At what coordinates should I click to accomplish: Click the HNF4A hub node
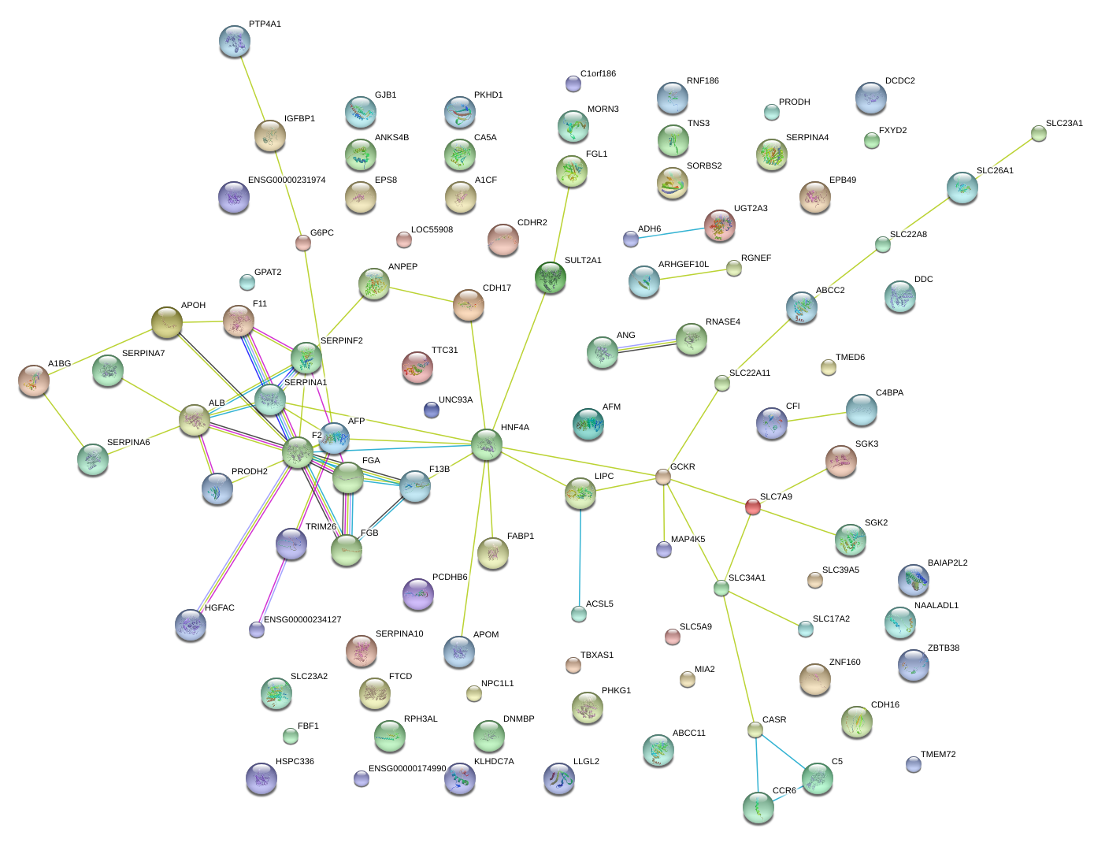(486, 444)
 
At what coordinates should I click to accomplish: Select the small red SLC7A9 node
(752, 507)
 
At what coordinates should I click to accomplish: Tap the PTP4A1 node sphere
(235, 41)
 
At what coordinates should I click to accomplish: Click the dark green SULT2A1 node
(551, 277)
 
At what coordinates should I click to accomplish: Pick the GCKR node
(662, 477)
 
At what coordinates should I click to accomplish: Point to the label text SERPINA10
(399, 633)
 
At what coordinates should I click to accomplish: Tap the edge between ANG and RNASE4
(647, 345)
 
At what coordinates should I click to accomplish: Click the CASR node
(755, 730)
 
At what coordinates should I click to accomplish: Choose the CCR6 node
(758, 808)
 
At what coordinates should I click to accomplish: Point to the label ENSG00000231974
(287, 180)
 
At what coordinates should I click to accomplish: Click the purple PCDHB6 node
(418, 594)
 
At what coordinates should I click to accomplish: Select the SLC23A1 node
(1038, 133)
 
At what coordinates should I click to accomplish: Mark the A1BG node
(34, 381)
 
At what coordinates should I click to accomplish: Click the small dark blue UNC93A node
(432, 410)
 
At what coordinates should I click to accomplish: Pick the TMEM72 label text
(938, 754)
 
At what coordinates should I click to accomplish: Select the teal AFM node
(588, 424)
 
